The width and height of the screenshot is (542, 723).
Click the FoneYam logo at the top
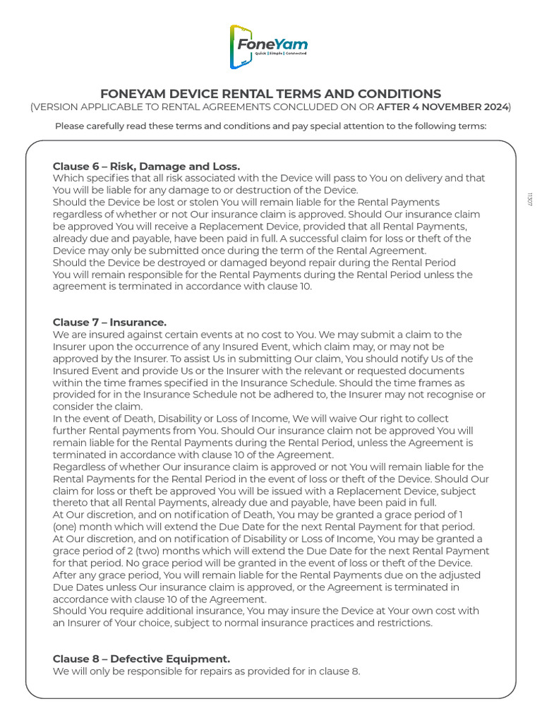pyautogui.click(x=269, y=46)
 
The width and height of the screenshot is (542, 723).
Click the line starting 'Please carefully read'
pyautogui.click(x=270, y=126)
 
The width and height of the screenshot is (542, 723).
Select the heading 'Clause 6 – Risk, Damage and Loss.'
pyautogui.click(x=146, y=166)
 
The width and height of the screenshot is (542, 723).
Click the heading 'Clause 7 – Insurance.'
pyautogui.click(x=109, y=322)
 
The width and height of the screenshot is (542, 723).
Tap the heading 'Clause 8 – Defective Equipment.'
pyautogui.click(x=141, y=659)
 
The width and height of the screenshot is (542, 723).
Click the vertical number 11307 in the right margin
pyautogui.click(x=529, y=198)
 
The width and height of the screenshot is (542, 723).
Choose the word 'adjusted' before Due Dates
pyautogui.click(x=456, y=575)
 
